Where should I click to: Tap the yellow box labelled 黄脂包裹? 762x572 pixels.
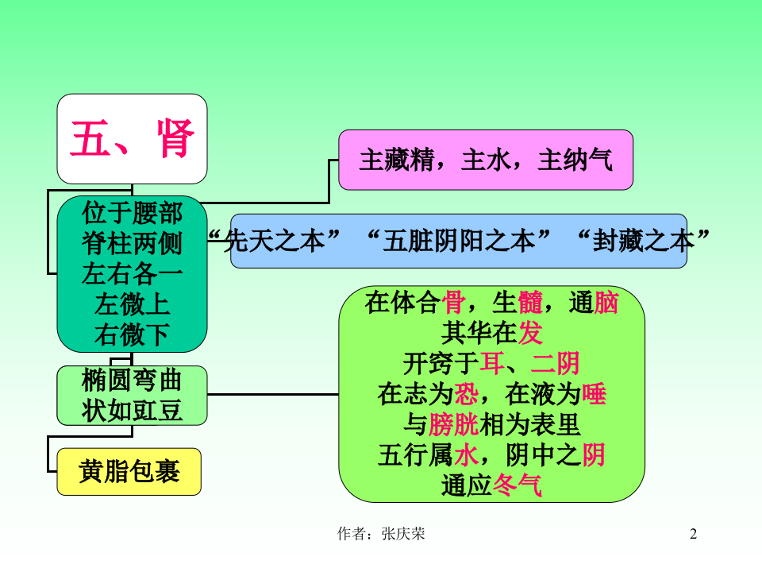[129, 472]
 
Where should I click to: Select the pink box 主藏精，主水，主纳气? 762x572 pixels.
[485, 160]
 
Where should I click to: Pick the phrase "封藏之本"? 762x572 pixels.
[641, 241]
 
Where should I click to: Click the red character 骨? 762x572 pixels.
[454, 303]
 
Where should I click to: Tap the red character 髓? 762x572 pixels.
[530, 303]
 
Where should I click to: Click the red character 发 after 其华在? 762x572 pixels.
[530, 334]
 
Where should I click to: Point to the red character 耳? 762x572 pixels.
[491, 364]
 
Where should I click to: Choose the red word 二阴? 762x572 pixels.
[556, 364]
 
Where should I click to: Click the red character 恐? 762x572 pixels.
[467, 394]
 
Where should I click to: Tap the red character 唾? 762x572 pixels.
[594, 394]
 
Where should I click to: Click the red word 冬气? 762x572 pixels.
[518, 485]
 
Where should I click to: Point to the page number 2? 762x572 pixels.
[693, 534]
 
